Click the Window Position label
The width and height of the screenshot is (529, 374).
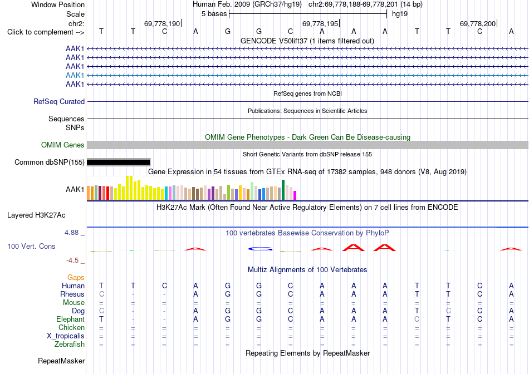[58, 4]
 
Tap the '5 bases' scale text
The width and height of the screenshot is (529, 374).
[214, 14]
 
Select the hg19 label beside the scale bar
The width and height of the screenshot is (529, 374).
[400, 14]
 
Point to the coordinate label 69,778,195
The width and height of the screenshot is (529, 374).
[320, 23]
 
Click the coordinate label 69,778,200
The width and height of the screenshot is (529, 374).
[478, 23]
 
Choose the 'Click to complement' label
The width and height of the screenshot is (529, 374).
[46, 32]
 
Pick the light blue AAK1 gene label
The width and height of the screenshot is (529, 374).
[75, 75]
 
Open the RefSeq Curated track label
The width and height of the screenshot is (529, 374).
[59, 101]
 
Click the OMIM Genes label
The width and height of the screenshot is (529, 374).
[63, 145]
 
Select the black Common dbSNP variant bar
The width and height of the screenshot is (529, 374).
[119, 162]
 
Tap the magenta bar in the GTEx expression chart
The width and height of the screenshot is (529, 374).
[295, 195]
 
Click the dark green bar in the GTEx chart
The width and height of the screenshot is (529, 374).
[283, 190]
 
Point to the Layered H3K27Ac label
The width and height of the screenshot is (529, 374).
[36, 215]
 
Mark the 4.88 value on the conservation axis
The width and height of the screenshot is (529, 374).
[71, 233]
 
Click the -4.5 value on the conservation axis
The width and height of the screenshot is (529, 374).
[72, 260]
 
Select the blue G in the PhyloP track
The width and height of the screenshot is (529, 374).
[260, 249]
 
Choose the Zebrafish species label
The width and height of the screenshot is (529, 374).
[70, 345]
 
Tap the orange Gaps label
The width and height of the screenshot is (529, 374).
[76, 278]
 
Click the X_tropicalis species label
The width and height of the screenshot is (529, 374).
[66, 336]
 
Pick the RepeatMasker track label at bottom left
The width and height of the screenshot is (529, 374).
[61, 361]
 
